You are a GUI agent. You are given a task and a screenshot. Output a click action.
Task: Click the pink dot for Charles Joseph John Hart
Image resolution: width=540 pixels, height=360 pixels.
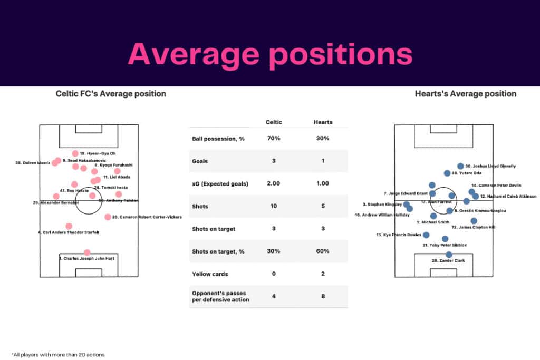[87, 252]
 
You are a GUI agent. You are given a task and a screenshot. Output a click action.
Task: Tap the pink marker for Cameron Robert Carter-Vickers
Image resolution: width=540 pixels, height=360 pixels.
[108, 217]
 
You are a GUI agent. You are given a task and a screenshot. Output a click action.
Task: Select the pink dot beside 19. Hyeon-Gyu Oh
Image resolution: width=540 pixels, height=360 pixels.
[75, 153]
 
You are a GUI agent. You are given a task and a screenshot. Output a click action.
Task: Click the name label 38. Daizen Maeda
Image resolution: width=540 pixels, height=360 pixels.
[33, 163]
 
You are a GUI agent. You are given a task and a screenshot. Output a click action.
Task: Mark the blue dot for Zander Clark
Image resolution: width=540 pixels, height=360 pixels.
[449, 255]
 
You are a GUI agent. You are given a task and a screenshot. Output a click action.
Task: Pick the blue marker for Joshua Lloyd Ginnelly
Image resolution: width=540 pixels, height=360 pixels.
[460, 166]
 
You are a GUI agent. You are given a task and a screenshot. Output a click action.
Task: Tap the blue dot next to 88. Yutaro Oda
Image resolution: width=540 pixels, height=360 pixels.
[447, 173]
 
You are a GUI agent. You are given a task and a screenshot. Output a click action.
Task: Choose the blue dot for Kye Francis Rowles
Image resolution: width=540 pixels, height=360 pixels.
[426, 235]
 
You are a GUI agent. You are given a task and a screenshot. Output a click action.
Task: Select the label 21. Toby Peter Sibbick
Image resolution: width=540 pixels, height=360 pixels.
[445, 245]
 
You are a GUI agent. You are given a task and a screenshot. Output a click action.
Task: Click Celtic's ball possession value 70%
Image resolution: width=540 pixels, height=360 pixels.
[274, 138]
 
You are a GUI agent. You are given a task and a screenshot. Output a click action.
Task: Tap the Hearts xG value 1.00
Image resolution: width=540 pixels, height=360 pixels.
[323, 183]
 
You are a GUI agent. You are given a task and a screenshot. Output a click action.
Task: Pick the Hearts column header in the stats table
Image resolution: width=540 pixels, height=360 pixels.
[323, 122]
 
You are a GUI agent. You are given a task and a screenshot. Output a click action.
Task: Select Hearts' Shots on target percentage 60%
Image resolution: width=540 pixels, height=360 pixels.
[323, 251]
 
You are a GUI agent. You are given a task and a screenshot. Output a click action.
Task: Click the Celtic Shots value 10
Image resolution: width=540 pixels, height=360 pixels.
[274, 206]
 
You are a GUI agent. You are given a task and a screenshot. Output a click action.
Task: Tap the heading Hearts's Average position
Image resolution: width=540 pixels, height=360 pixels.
[466, 94]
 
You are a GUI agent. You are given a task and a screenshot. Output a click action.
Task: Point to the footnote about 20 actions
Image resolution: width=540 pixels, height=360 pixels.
[58, 355]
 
